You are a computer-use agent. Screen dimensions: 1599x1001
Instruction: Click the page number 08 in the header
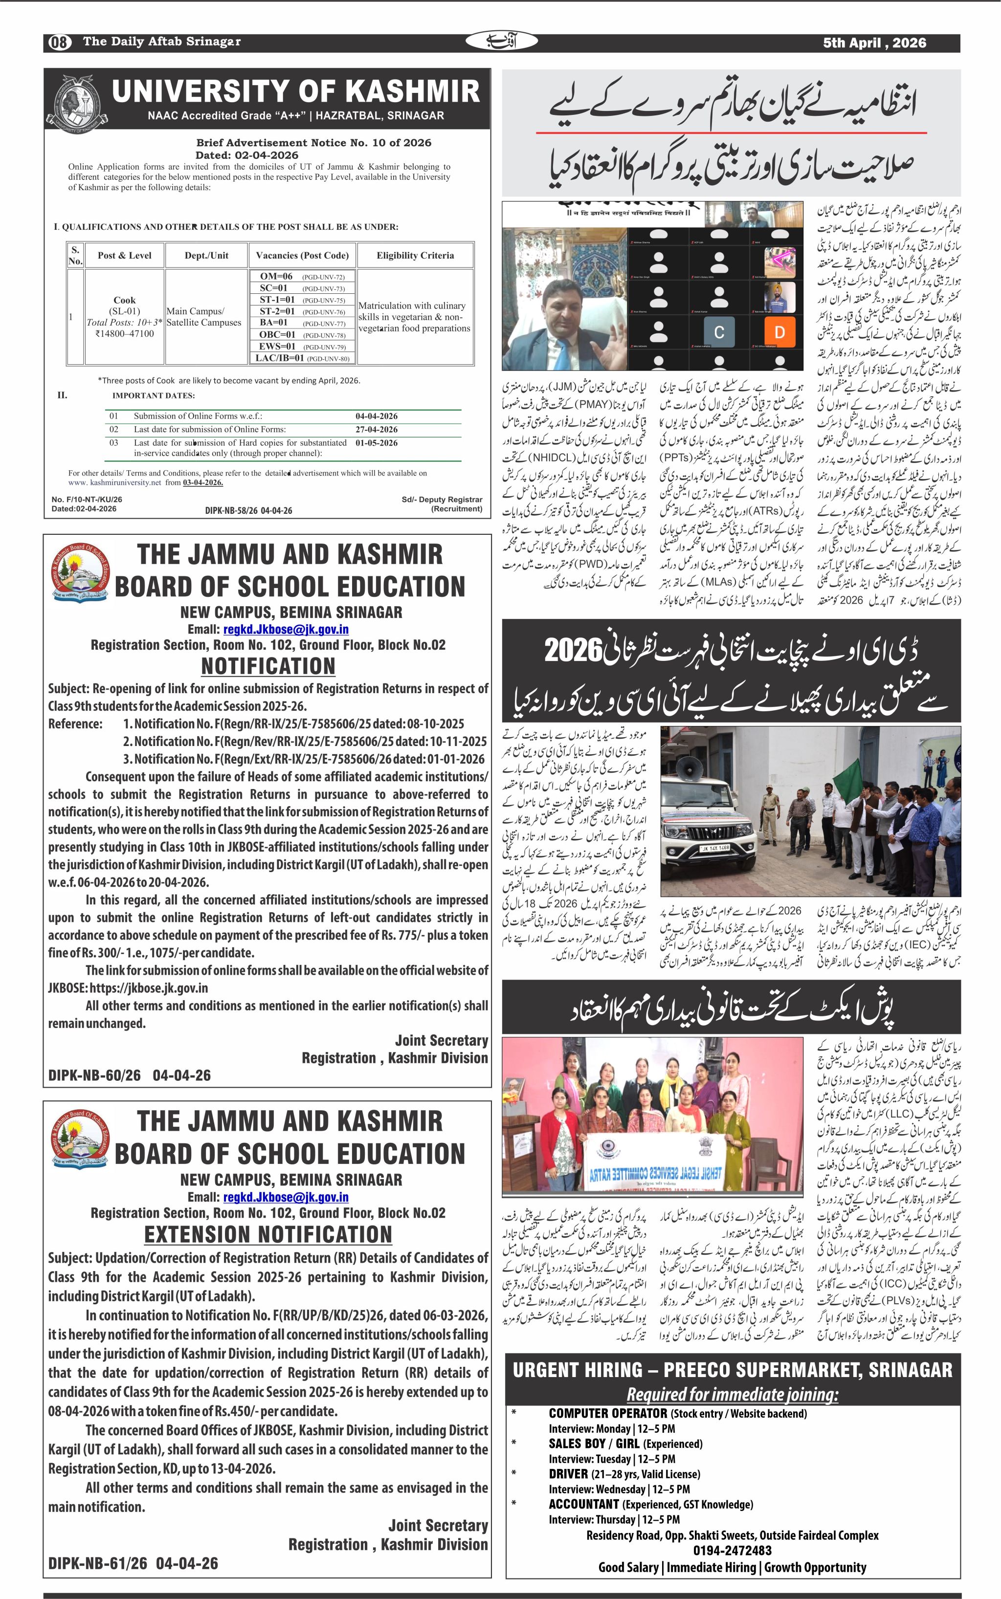[x=59, y=43]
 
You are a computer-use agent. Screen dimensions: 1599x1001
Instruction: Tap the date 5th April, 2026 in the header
[x=874, y=43]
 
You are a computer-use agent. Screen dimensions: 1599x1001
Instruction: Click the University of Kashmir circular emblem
[x=73, y=103]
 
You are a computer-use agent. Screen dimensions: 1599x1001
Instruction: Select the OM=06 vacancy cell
[x=276, y=277]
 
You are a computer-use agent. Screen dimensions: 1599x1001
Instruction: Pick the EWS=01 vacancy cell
[x=277, y=346]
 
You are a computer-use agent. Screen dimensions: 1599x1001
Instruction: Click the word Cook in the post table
[x=125, y=300]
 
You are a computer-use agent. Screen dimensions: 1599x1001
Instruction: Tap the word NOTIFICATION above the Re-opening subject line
[x=268, y=666]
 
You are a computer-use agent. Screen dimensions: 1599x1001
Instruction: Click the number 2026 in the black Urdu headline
[x=573, y=651]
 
